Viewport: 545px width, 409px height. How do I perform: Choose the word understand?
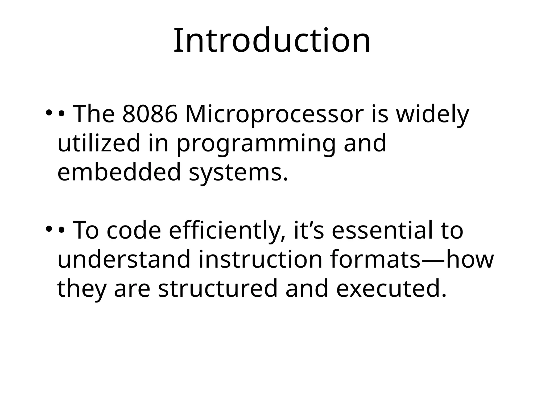[x=124, y=259]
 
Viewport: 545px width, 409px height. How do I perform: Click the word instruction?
[x=261, y=259]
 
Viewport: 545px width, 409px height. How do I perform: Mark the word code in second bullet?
[x=134, y=231]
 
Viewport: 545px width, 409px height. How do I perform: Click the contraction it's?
[x=309, y=231]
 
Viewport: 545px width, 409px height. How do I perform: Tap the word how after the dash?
[x=470, y=259]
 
